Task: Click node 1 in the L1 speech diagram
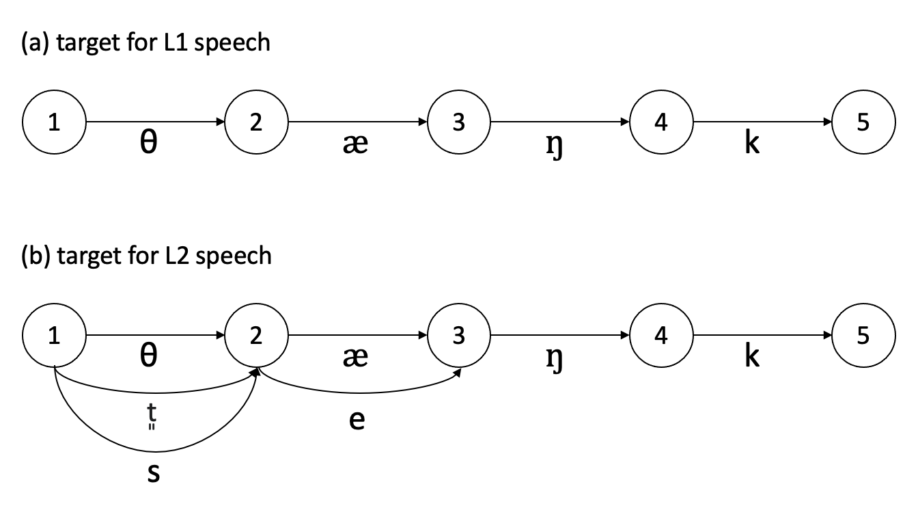(x=54, y=122)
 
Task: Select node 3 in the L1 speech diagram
(x=459, y=122)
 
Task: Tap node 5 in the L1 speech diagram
(x=863, y=122)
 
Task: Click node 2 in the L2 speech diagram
(x=256, y=336)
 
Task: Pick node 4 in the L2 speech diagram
(x=661, y=336)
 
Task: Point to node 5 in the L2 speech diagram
(x=863, y=336)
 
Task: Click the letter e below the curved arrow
(x=356, y=420)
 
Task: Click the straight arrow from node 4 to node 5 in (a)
(x=762, y=122)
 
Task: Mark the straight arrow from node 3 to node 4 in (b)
(x=560, y=336)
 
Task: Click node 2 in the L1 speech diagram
(x=256, y=122)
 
